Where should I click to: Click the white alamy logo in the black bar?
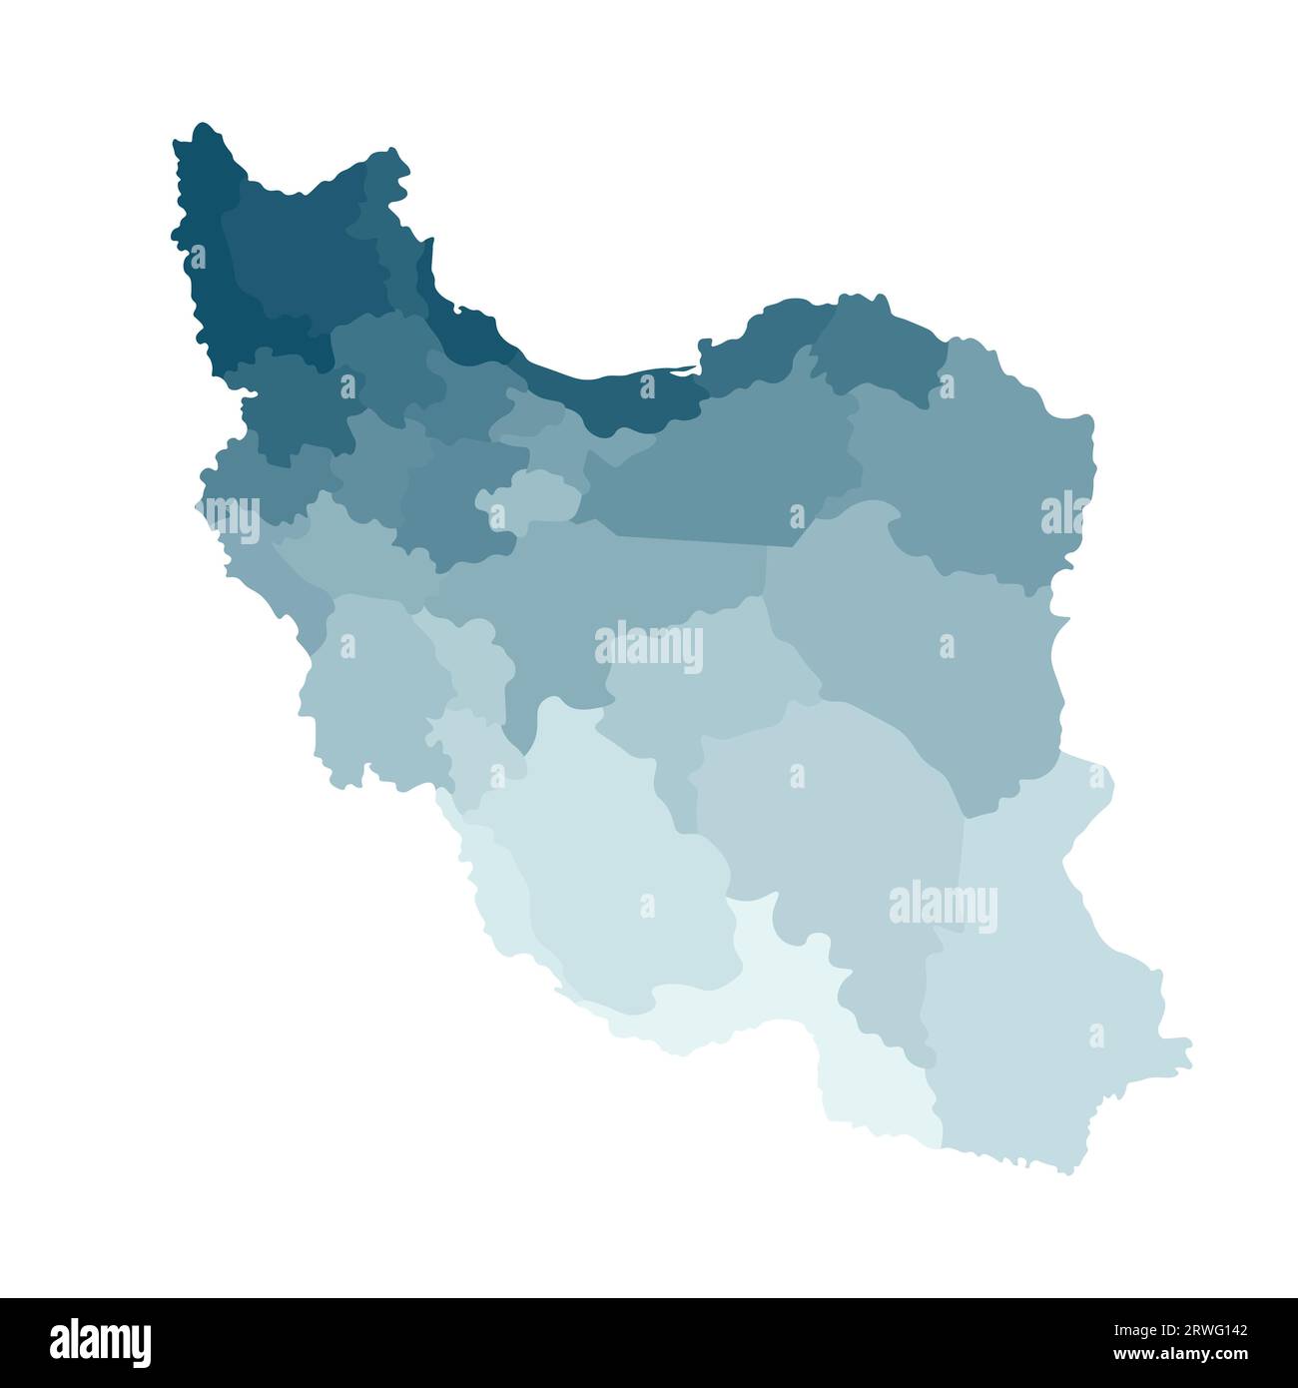coord(101,1340)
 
